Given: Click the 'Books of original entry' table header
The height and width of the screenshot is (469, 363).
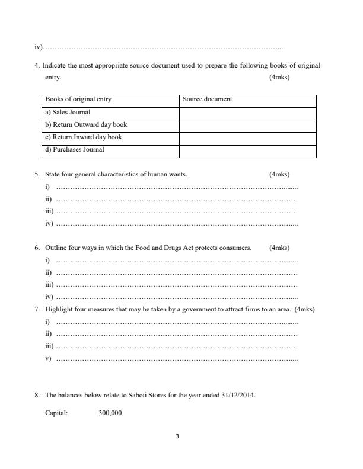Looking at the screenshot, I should click(78, 99).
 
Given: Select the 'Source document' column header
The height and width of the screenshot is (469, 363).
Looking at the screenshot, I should click(207, 99).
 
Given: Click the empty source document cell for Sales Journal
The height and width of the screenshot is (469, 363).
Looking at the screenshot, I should click(247, 112).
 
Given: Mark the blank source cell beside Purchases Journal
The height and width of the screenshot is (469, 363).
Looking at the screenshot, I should click(247, 150).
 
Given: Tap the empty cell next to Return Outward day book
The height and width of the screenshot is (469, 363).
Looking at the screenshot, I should click(247, 124).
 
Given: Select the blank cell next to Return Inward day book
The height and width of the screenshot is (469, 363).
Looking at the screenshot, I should click(247, 137).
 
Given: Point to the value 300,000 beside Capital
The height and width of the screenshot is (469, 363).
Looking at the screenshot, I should click(110, 413).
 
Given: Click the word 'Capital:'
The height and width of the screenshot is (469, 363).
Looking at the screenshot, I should click(56, 413).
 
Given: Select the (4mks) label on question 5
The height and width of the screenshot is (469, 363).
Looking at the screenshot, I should click(279, 174).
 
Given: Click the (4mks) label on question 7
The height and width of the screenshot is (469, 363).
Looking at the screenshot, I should click(305, 309).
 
